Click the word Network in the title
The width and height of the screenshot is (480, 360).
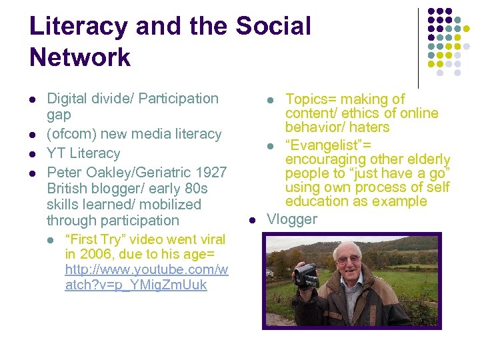coord(80,57)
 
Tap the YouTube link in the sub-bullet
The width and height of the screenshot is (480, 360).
coord(146,277)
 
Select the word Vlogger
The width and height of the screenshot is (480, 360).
coord(292,219)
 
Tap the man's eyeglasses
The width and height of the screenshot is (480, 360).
coord(349,259)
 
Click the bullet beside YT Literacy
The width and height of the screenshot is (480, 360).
coord(33,153)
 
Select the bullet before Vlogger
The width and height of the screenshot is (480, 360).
coord(252,219)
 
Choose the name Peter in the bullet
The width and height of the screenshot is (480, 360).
coord(65,172)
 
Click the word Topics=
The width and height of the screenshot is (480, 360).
coord(311,99)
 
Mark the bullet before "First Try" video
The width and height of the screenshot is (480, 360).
coord(51,239)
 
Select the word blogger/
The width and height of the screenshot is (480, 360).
coord(121,188)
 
